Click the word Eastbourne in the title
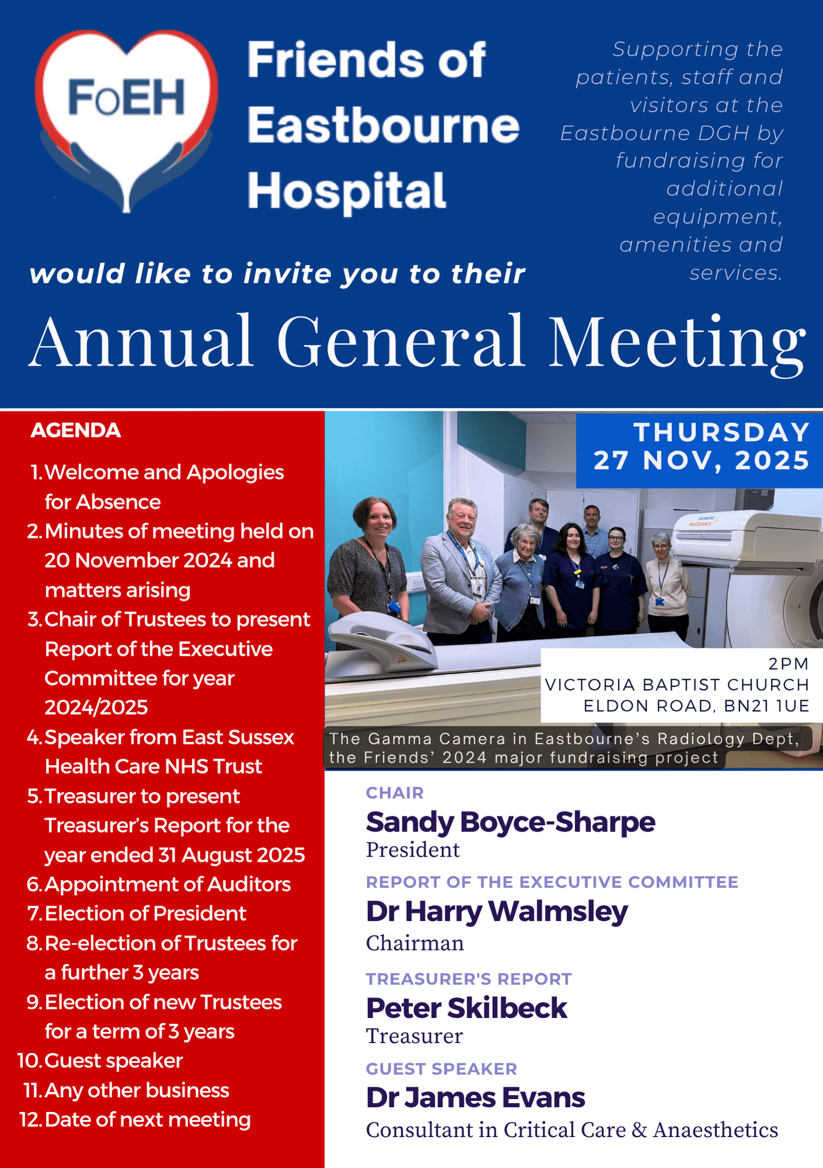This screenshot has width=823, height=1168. [x=383, y=125]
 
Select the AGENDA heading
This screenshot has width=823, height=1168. [x=75, y=430]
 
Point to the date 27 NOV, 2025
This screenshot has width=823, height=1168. [x=702, y=460]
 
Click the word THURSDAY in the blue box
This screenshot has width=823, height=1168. [x=722, y=432]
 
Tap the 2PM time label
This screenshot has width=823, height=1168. [x=789, y=663]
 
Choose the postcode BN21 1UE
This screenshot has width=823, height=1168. [x=766, y=705]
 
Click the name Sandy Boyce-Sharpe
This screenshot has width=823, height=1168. [x=511, y=822]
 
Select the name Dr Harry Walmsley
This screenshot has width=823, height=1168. [x=496, y=912]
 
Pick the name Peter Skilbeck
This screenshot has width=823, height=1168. [x=466, y=1007]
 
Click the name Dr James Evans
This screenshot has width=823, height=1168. [x=475, y=1097]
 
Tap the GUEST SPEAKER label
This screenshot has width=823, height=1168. [x=442, y=1069]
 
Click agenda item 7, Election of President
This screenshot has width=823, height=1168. [x=137, y=913]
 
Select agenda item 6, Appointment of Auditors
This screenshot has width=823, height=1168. [x=159, y=884]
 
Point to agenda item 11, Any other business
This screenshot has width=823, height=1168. [x=126, y=1090]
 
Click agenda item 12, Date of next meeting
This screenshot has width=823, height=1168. [x=135, y=1120]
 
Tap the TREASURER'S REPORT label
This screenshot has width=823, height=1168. [x=469, y=979]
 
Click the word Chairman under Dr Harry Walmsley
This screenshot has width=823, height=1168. [x=415, y=943]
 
